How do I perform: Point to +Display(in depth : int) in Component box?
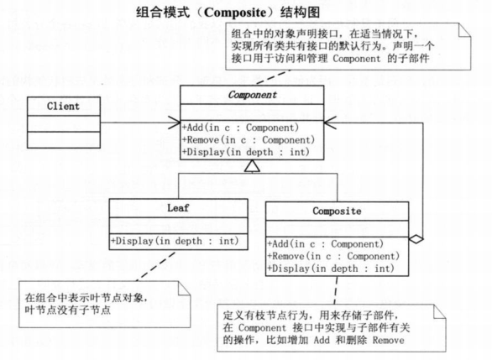(x=244, y=152)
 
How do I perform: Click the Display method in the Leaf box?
(x=174, y=241)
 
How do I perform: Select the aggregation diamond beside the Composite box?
(x=415, y=239)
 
